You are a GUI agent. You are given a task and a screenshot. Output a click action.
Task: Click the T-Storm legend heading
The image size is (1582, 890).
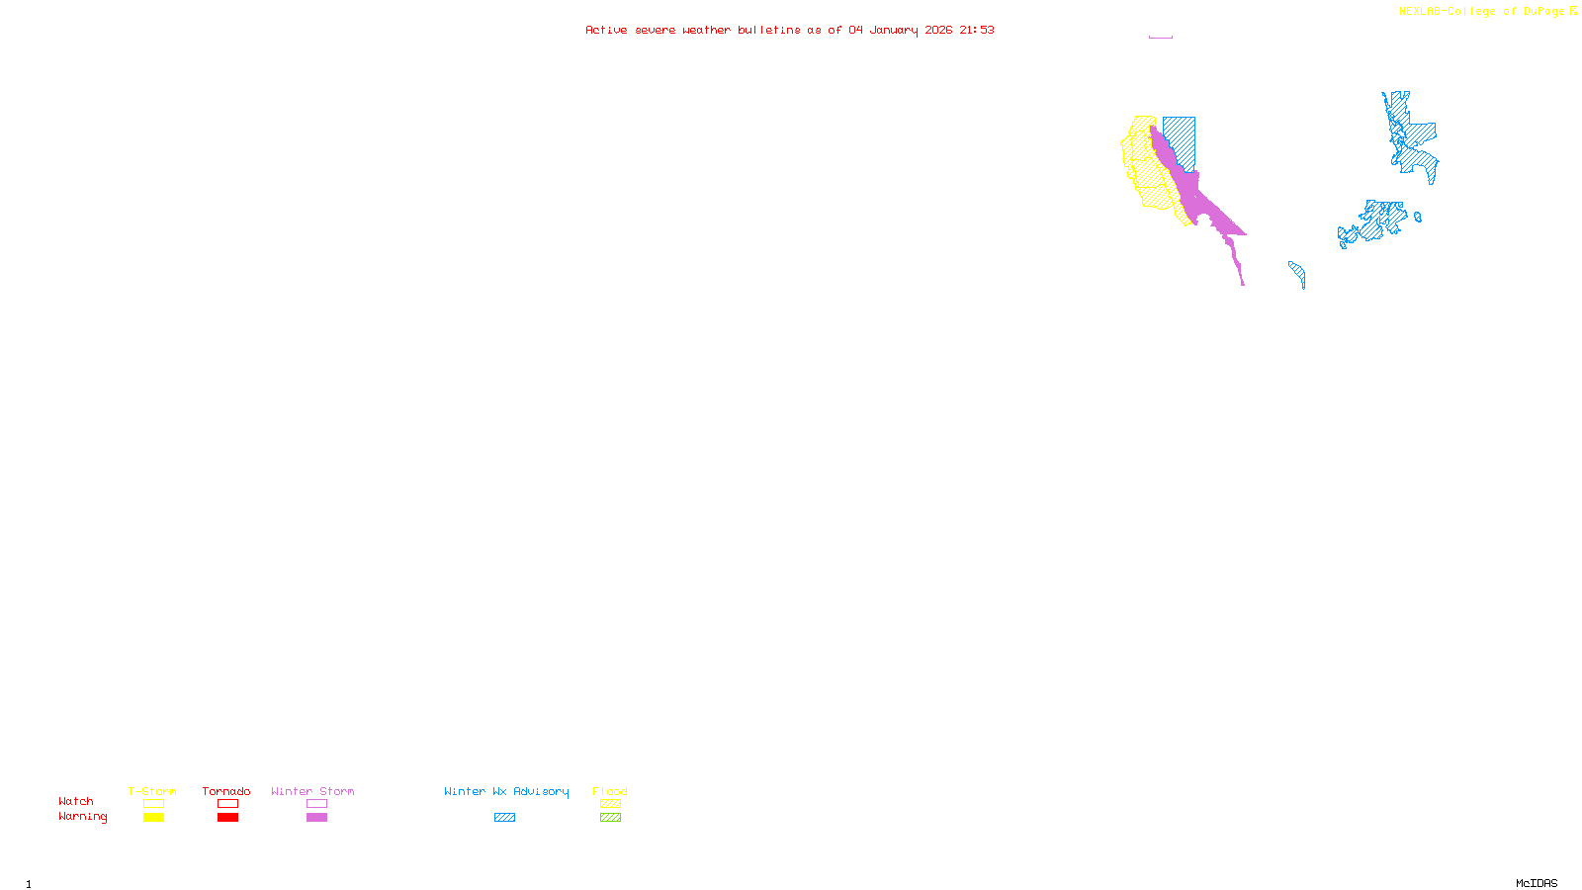point(152,791)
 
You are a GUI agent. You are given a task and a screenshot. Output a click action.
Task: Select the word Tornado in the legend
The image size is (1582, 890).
point(226,791)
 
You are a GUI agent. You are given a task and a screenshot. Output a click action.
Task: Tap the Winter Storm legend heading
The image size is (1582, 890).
point(312,791)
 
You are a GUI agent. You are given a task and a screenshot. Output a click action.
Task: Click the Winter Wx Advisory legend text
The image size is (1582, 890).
point(506,791)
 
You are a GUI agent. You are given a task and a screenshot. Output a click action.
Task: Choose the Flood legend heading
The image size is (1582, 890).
point(610,791)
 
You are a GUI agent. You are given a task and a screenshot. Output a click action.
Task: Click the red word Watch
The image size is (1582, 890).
point(76,801)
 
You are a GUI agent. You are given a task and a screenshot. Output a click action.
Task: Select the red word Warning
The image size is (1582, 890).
point(83,817)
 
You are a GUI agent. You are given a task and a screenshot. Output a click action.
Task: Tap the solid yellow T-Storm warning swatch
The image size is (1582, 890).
point(153,818)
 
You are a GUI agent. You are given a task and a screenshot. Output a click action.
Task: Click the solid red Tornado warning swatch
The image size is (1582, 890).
point(227,818)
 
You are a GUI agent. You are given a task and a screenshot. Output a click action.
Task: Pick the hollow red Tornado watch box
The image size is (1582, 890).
point(227,804)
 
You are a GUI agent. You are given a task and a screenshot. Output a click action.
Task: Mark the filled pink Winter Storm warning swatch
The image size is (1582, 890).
point(316,818)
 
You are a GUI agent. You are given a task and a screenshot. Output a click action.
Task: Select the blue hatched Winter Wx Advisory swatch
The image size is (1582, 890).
point(504,818)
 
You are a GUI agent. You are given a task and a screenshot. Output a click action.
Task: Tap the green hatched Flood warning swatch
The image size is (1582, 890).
point(610,818)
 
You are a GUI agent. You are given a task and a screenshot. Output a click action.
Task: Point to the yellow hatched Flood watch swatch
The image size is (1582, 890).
point(610,804)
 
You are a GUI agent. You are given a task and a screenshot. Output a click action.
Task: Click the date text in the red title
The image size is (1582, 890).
point(900,30)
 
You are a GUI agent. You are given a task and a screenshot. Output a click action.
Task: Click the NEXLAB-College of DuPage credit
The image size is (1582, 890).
point(1481,12)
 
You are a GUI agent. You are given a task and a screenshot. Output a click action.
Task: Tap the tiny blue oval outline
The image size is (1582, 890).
point(1418,217)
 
